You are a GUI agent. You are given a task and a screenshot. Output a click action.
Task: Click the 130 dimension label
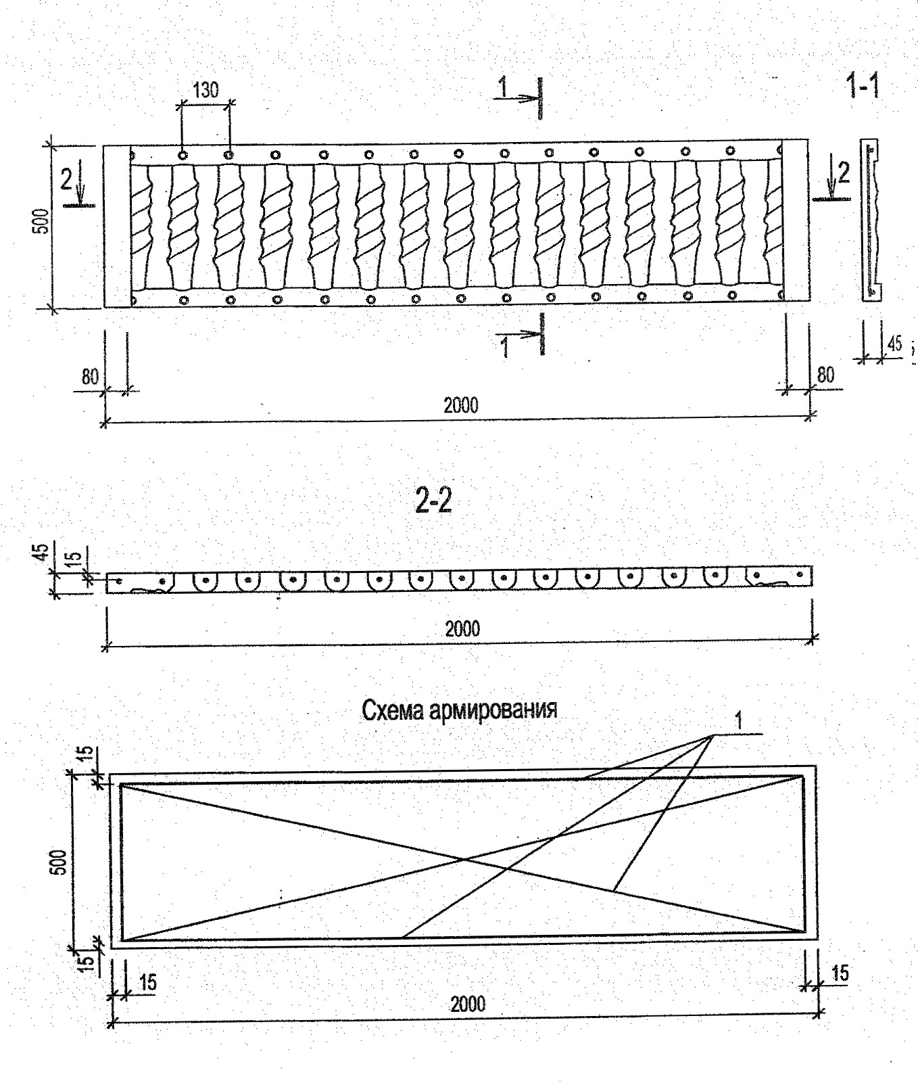[x=206, y=91]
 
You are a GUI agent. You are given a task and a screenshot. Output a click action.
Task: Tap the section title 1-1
[x=863, y=87]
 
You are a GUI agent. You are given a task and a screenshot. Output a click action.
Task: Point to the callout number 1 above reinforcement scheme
[x=738, y=720]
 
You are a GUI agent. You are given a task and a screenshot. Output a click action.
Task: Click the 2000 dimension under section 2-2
[x=462, y=628]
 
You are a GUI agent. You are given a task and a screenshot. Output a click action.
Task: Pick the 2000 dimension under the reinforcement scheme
[x=468, y=1002]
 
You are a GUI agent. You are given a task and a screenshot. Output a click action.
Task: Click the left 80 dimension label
[x=91, y=377]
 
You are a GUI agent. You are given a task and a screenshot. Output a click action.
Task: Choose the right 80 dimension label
[x=825, y=374]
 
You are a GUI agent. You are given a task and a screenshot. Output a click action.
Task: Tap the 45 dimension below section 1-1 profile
[x=894, y=344]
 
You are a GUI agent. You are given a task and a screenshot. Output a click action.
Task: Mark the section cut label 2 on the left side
[x=66, y=179]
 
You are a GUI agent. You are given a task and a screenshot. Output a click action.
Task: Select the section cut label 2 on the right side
[x=843, y=174]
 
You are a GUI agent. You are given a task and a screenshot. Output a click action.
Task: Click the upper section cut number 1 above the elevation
[x=503, y=86]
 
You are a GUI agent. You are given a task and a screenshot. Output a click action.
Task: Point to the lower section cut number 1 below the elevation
[x=504, y=346]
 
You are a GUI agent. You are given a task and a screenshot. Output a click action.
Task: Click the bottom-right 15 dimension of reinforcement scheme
[x=840, y=975]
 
